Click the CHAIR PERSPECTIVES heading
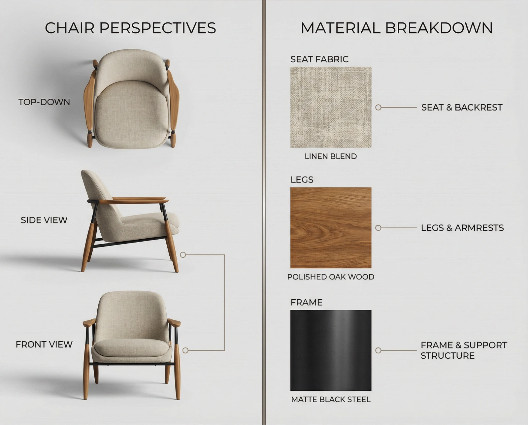pyautogui.click(x=130, y=28)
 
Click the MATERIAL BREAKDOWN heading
pyautogui.click(x=397, y=28)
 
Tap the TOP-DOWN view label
pyautogui.click(x=44, y=102)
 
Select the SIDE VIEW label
pyautogui.click(x=44, y=220)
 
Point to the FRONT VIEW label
pyautogui.click(x=44, y=344)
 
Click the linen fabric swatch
pyautogui.click(x=331, y=107)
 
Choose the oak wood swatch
pyautogui.click(x=331, y=228)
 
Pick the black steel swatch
pyautogui.click(x=331, y=350)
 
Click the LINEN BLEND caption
pyautogui.click(x=331, y=156)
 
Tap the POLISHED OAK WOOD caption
pyautogui.click(x=331, y=277)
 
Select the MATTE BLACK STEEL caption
pyautogui.click(x=331, y=400)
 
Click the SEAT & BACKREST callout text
pyautogui.click(x=462, y=108)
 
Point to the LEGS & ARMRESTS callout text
pyautogui.click(x=462, y=228)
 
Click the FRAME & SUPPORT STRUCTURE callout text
pyautogui.click(x=464, y=350)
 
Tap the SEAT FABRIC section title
pyautogui.click(x=319, y=59)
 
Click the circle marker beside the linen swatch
pyautogui.click(x=378, y=108)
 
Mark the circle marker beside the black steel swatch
pyautogui.click(x=378, y=350)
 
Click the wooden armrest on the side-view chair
pyautogui.click(x=134, y=201)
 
